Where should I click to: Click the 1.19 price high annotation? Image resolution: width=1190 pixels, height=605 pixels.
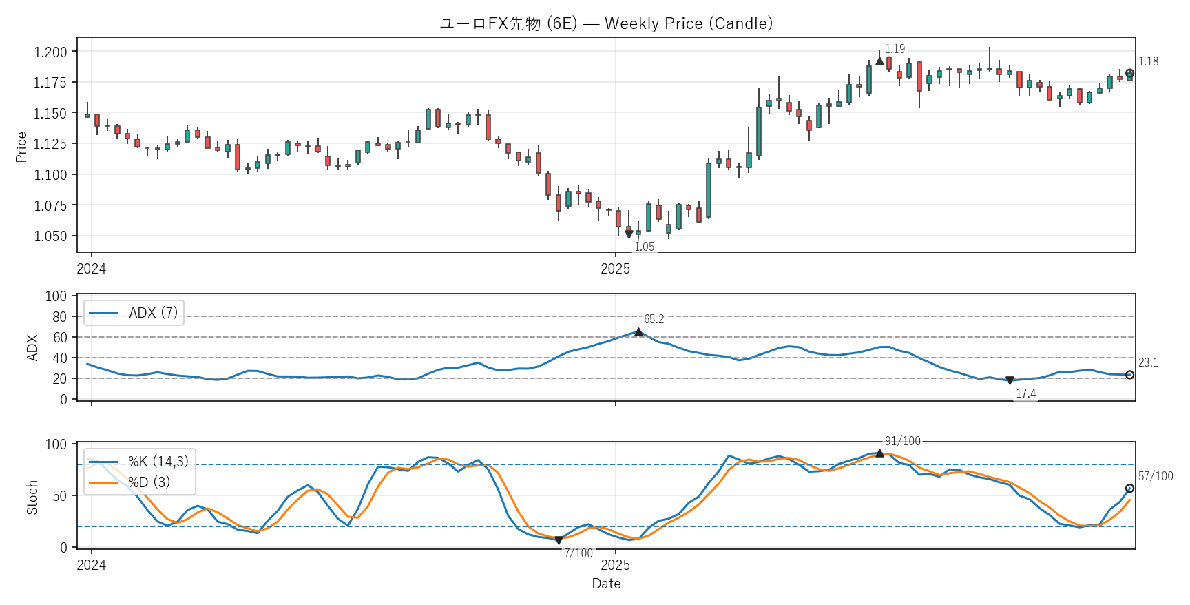click(895, 49)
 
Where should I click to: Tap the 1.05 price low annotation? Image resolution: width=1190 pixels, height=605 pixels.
click(644, 247)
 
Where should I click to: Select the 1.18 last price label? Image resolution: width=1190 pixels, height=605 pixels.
click(1148, 62)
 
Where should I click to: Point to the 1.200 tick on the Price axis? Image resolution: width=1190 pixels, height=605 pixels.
click(51, 52)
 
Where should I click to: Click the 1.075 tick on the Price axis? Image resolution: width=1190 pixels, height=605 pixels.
click(51, 205)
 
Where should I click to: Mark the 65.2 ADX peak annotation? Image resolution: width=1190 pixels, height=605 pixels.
click(654, 319)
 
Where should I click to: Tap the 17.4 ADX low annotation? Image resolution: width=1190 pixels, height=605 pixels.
click(1025, 393)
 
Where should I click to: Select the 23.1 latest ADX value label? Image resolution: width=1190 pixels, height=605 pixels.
click(1148, 362)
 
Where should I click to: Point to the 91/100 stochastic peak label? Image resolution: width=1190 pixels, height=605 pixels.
click(902, 441)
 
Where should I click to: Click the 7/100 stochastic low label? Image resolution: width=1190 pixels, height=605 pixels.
click(578, 553)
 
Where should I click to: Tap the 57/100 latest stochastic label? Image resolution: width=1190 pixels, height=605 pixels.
click(1156, 476)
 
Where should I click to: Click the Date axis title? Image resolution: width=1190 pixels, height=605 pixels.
click(606, 584)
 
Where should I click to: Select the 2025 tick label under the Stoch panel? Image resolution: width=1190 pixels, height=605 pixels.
click(615, 565)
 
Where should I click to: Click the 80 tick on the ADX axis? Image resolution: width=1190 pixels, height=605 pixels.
click(59, 317)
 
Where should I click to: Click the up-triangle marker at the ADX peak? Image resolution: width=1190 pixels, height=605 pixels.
click(638, 332)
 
